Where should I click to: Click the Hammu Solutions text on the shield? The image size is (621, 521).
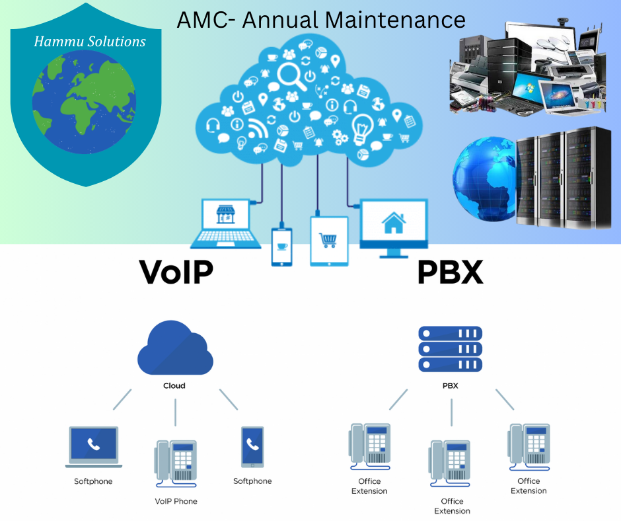coord(90,42)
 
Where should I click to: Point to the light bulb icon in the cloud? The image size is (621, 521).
coord(363,126)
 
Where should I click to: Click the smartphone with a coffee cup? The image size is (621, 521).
coord(281,247)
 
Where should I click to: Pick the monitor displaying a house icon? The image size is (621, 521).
coord(393,225)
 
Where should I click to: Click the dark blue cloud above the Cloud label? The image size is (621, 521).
coord(175,350)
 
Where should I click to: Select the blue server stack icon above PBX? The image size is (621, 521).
coord(451,349)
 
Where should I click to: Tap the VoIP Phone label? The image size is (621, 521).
coord(176,501)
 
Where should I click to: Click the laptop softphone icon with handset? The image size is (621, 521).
coord(94,444)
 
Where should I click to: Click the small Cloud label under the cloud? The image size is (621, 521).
coord(174,385)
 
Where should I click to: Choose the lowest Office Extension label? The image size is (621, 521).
coord(452,506)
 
